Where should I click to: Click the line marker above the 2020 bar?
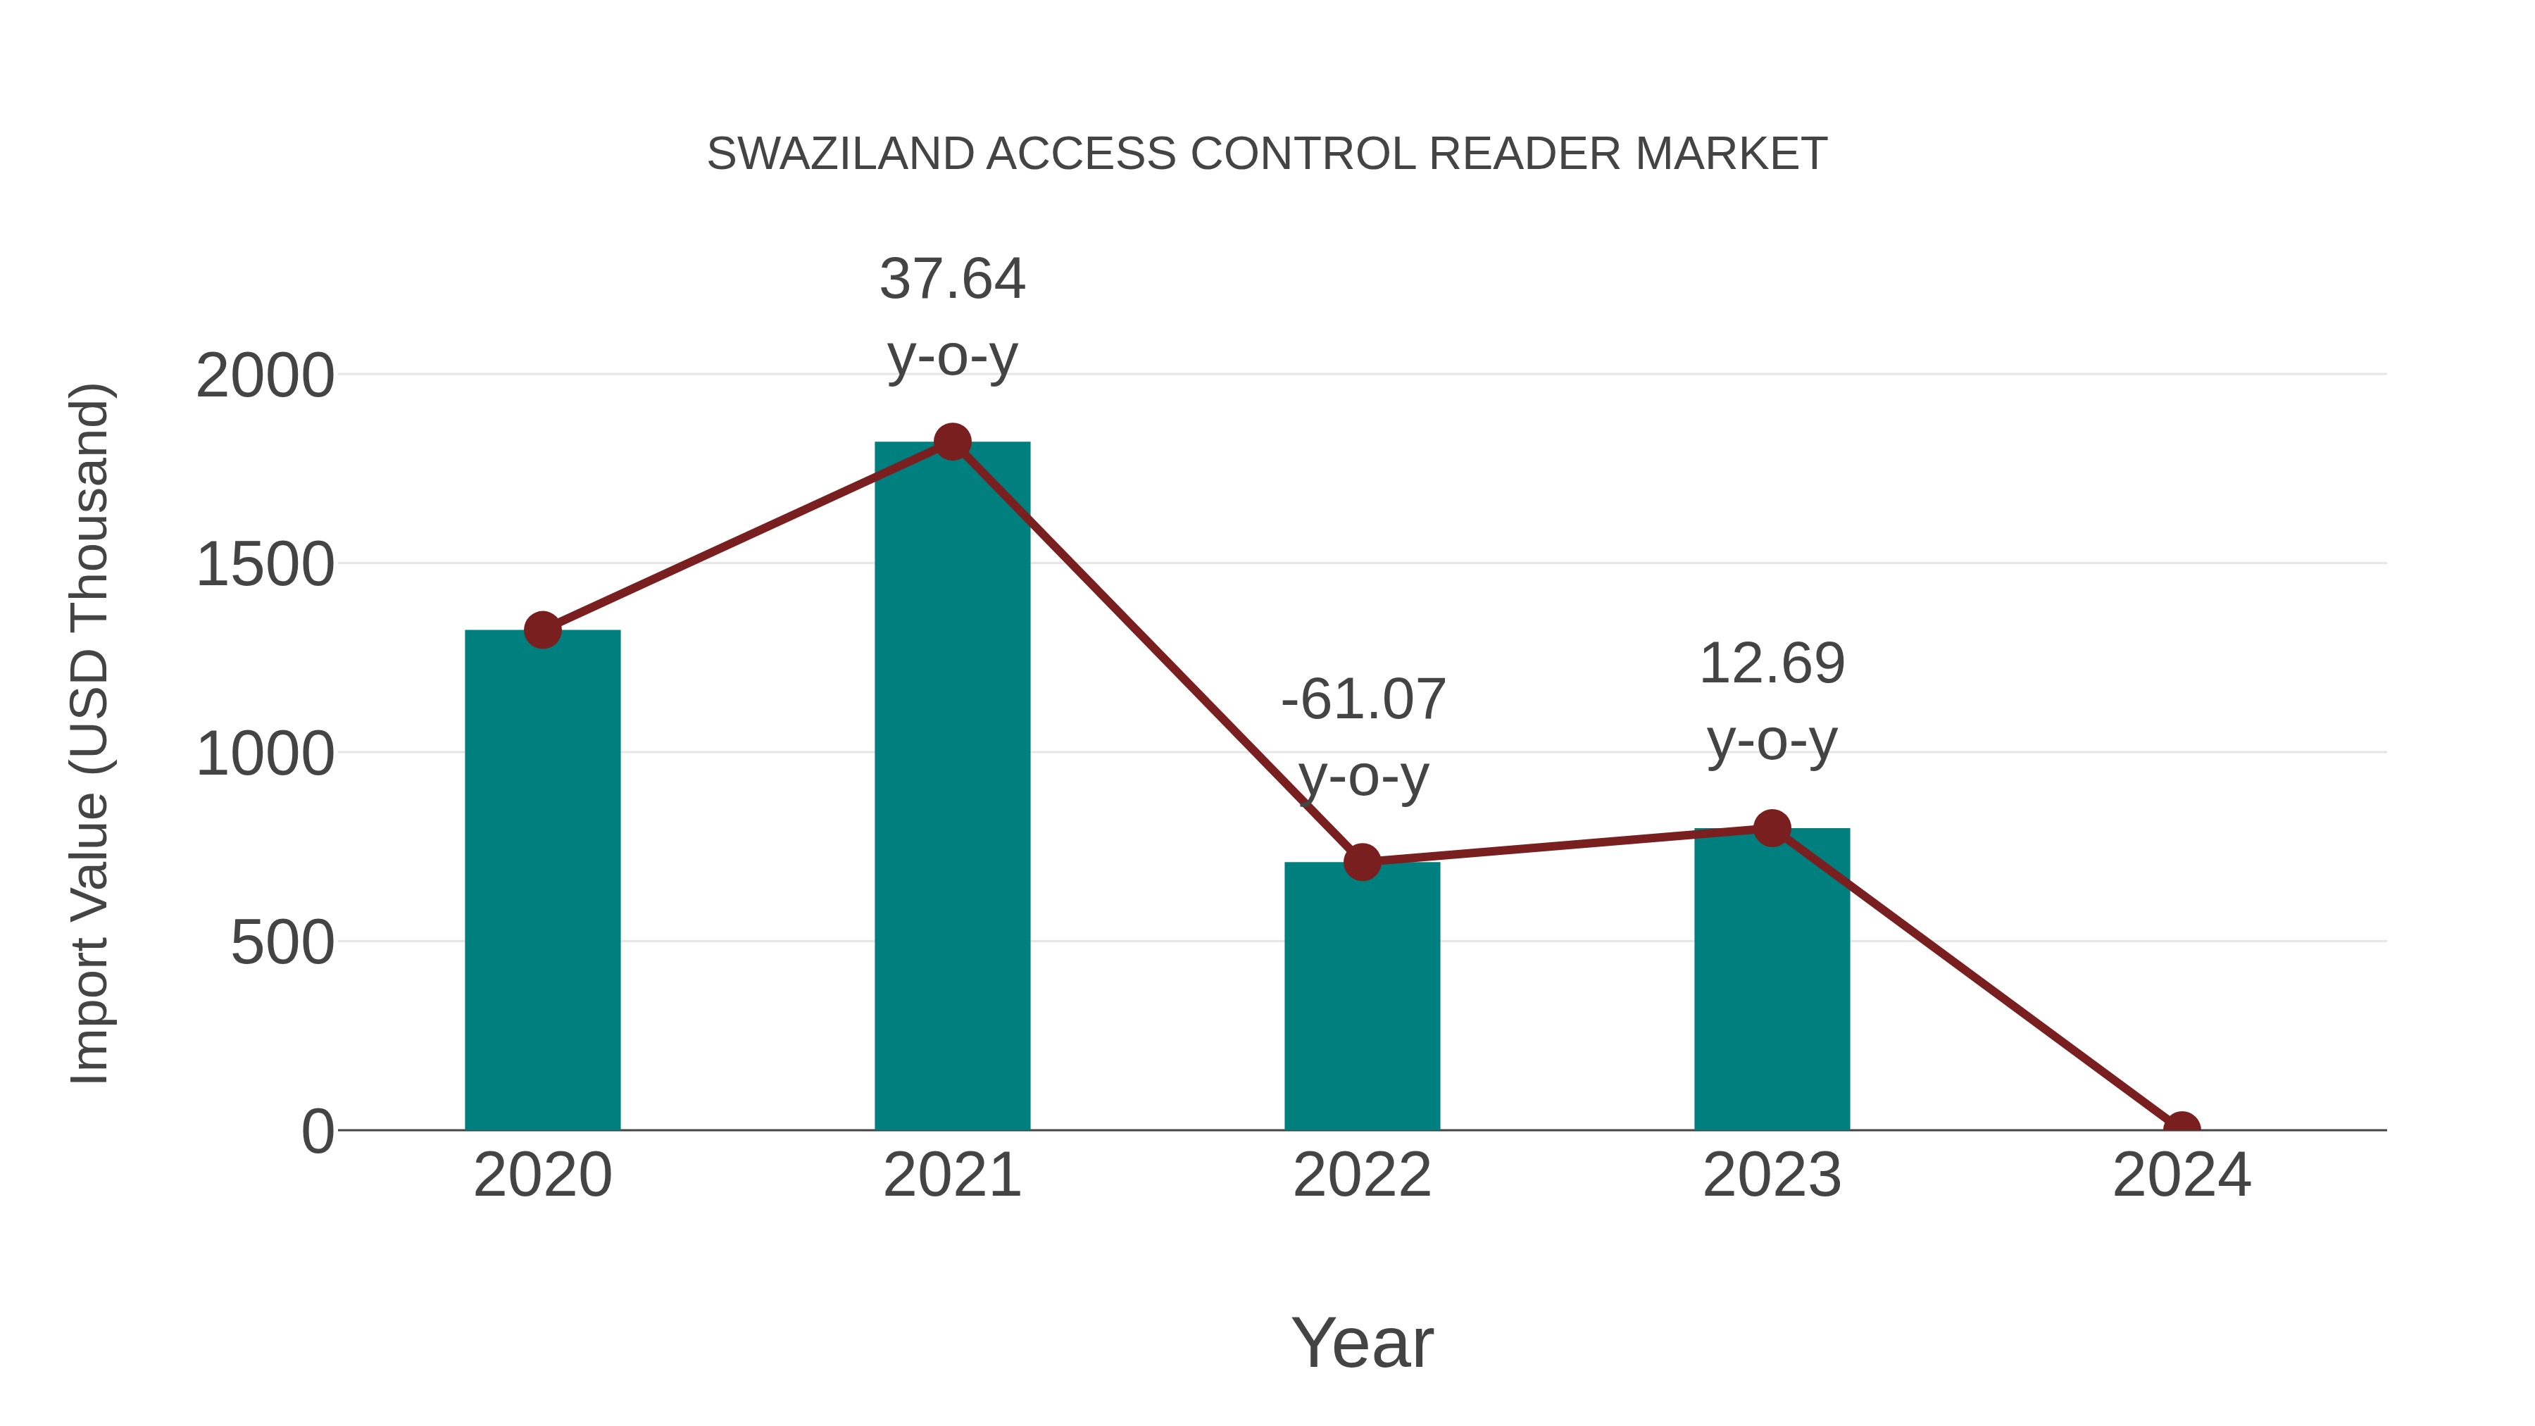[x=542, y=630]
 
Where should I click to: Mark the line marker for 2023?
[x=1772, y=829]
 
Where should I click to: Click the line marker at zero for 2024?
[x=2181, y=1128]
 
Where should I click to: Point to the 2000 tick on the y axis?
[x=265, y=376]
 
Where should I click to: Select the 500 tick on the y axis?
[x=282, y=943]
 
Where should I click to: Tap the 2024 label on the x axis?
[x=2181, y=1175]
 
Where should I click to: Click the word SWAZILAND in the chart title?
[x=842, y=154]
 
